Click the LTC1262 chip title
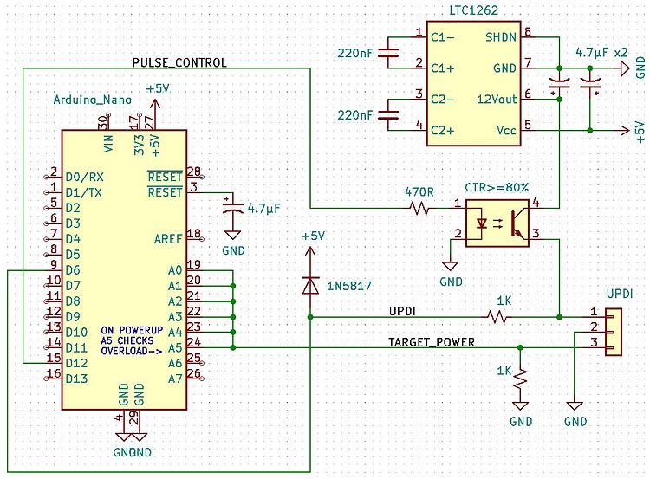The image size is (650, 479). (474, 10)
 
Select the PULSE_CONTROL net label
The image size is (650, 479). (179, 62)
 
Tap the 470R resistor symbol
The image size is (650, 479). (419, 208)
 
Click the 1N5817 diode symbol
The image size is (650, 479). (310, 286)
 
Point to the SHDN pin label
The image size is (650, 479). (501, 37)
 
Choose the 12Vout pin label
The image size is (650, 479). (497, 100)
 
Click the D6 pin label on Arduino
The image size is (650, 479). (73, 270)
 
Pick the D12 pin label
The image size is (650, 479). (76, 363)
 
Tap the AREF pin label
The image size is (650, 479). (168, 239)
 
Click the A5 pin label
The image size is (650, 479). (175, 347)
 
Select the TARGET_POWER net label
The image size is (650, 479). (431, 342)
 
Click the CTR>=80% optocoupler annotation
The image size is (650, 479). (497, 188)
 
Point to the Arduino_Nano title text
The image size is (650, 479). (93, 100)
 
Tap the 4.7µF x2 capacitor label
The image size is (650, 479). (601, 53)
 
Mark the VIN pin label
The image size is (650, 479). (108, 144)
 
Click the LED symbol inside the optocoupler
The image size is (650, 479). (481, 223)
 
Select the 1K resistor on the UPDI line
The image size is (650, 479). (497, 317)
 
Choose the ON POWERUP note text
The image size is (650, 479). (132, 330)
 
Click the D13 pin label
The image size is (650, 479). (76, 379)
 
